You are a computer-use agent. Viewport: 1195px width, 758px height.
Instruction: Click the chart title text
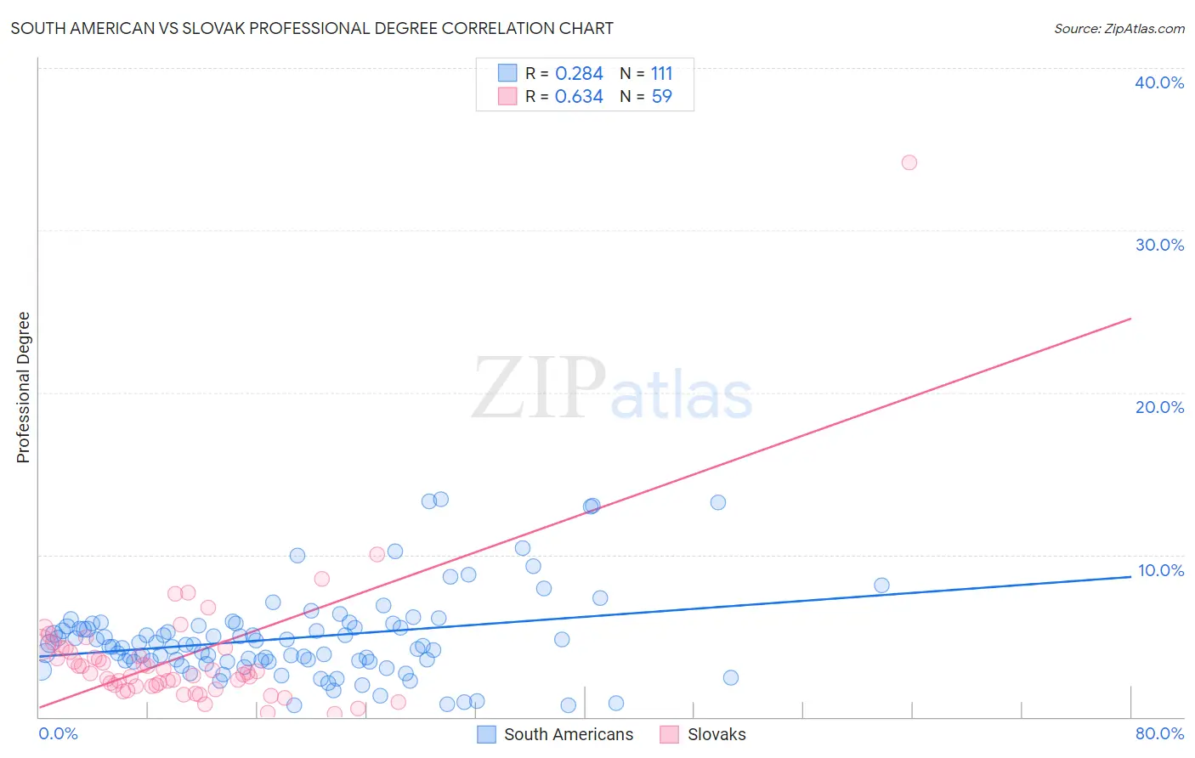point(312,28)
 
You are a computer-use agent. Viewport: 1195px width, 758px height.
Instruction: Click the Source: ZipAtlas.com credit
point(1119,28)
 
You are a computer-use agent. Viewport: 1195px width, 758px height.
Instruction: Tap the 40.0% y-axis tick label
point(1159,82)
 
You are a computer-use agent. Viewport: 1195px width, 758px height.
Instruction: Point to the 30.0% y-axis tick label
point(1159,245)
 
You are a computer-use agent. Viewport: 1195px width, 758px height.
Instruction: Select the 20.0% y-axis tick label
point(1159,407)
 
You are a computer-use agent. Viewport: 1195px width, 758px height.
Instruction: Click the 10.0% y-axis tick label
point(1160,570)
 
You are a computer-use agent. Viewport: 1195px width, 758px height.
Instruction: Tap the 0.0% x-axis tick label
point(58,733)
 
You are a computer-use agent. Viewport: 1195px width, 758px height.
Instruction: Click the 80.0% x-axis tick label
point(1159,733)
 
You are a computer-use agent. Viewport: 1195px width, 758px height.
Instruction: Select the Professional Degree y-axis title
point(23,387)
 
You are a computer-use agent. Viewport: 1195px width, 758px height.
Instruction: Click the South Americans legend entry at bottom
point(568,734)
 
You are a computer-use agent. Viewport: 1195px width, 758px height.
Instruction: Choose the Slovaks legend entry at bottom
point(716,734)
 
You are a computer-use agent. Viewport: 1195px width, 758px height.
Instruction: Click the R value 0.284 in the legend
point(579,74)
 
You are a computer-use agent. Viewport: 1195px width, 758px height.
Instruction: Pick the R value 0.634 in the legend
point(579,97)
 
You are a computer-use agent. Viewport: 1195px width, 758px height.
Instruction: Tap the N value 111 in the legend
point(661,74)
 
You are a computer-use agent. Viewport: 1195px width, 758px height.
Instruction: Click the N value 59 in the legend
point(661,97)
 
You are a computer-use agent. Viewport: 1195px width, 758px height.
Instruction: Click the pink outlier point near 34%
point(909,162)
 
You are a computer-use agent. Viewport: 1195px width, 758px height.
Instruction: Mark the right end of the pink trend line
point(1130,319)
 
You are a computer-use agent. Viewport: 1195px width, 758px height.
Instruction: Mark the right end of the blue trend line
point(1130,576)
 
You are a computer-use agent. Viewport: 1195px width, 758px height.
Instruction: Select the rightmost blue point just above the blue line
point(881,585)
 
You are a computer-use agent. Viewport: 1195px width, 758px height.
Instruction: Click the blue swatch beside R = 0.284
point(507,73)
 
